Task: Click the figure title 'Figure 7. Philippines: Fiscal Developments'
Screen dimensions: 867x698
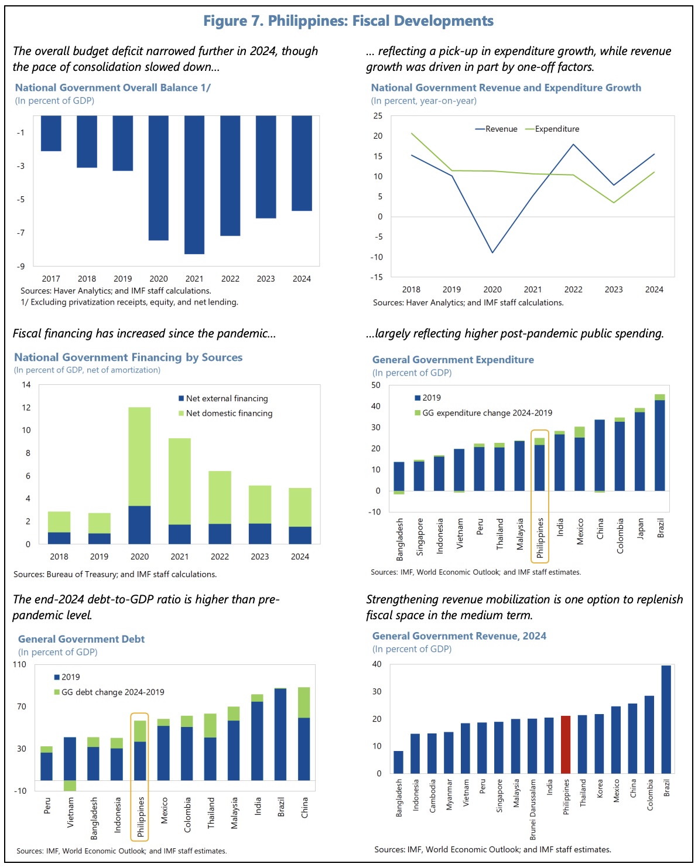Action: [x=348, y=21]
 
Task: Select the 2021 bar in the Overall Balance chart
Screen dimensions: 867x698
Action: [x=194, y=185]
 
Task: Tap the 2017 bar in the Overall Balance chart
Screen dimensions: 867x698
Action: [x=51, y=134]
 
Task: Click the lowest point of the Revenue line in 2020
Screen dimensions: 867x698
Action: [x=492, y=252]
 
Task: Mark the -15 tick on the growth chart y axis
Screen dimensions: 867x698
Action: [x=378, y=277]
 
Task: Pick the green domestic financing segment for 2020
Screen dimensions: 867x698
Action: [x=139, y=456]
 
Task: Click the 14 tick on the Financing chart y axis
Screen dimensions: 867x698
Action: [x=26, y=385]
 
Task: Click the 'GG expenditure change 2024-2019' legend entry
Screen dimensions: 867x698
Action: [x=487, y=413]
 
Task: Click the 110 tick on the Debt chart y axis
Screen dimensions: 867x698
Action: [x=19, y=664]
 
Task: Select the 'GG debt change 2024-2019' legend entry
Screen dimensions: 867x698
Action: [x=112, y=692]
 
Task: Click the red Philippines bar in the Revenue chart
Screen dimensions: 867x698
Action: [x=566, y=745]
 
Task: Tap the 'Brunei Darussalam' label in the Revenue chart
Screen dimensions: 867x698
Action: [x=533, y=809]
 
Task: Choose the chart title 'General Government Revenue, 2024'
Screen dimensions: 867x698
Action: [x=459, y=636]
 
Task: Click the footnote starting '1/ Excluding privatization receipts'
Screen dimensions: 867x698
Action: [x=129, y=302]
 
